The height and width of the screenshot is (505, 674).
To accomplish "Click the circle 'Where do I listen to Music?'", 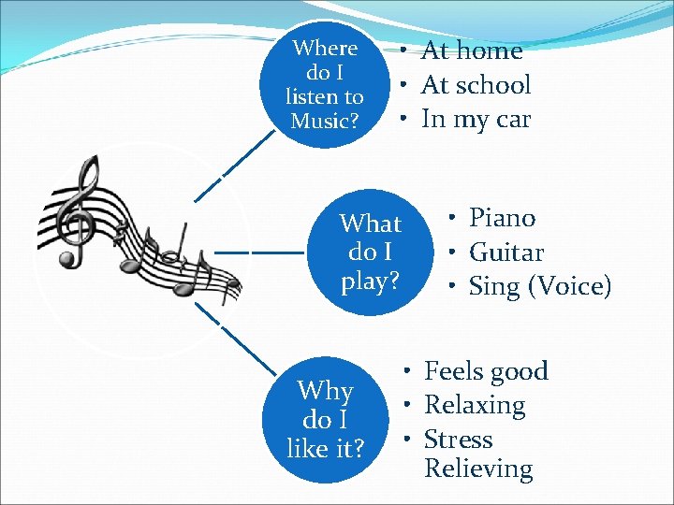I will (x=324, y=84).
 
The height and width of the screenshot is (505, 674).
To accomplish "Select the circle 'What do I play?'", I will (x=370, y=252).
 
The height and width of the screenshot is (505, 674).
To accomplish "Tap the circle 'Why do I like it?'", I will (x=324, y=419).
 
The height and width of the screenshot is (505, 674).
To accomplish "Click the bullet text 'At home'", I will (x=472, y=50).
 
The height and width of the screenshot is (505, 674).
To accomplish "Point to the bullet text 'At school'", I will (x=476, y=85).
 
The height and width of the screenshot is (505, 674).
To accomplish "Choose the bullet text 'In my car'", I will (x=476, y=120).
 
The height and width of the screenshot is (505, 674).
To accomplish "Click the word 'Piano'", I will (x=502, y=219).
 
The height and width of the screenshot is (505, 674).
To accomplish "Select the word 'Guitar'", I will (x=505, y=252).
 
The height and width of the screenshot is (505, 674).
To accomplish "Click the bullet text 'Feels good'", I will (x=486, y=371).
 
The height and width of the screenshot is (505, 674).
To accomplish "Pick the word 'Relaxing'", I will (x=475, y=405).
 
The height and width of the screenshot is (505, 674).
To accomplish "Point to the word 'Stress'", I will (x=458, y=439).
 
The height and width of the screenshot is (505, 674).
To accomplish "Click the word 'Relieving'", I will (x=477, y=468).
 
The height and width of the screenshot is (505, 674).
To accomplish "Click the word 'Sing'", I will (x=493, y=286).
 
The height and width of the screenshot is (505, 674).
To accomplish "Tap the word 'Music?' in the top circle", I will (x=324, y=121).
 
